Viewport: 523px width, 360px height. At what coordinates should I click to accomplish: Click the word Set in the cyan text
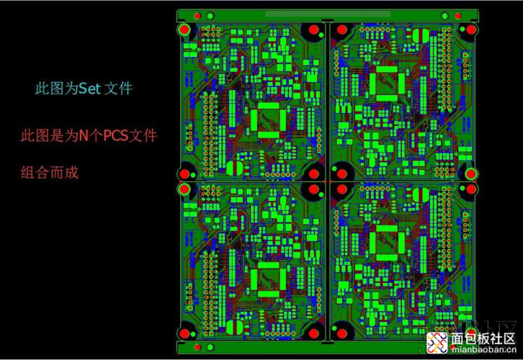pos(89,89)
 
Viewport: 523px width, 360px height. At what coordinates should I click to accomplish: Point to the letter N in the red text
pos(84,135)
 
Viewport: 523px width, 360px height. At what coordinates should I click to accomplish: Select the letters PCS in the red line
pos(116,135)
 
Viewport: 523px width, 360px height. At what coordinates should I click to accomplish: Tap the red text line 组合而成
pos(50,173)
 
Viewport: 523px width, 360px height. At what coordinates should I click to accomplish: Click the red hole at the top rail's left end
pos(197,16)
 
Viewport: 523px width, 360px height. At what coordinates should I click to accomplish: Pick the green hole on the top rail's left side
pos(210,16)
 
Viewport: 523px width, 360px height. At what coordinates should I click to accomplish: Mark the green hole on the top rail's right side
pos(444,16)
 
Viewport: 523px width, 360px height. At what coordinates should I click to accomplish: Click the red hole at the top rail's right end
pos(458,16)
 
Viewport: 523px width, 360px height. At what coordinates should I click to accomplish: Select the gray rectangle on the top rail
pos(328,14)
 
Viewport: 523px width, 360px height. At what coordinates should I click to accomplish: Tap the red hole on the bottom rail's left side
pos(197,347)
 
